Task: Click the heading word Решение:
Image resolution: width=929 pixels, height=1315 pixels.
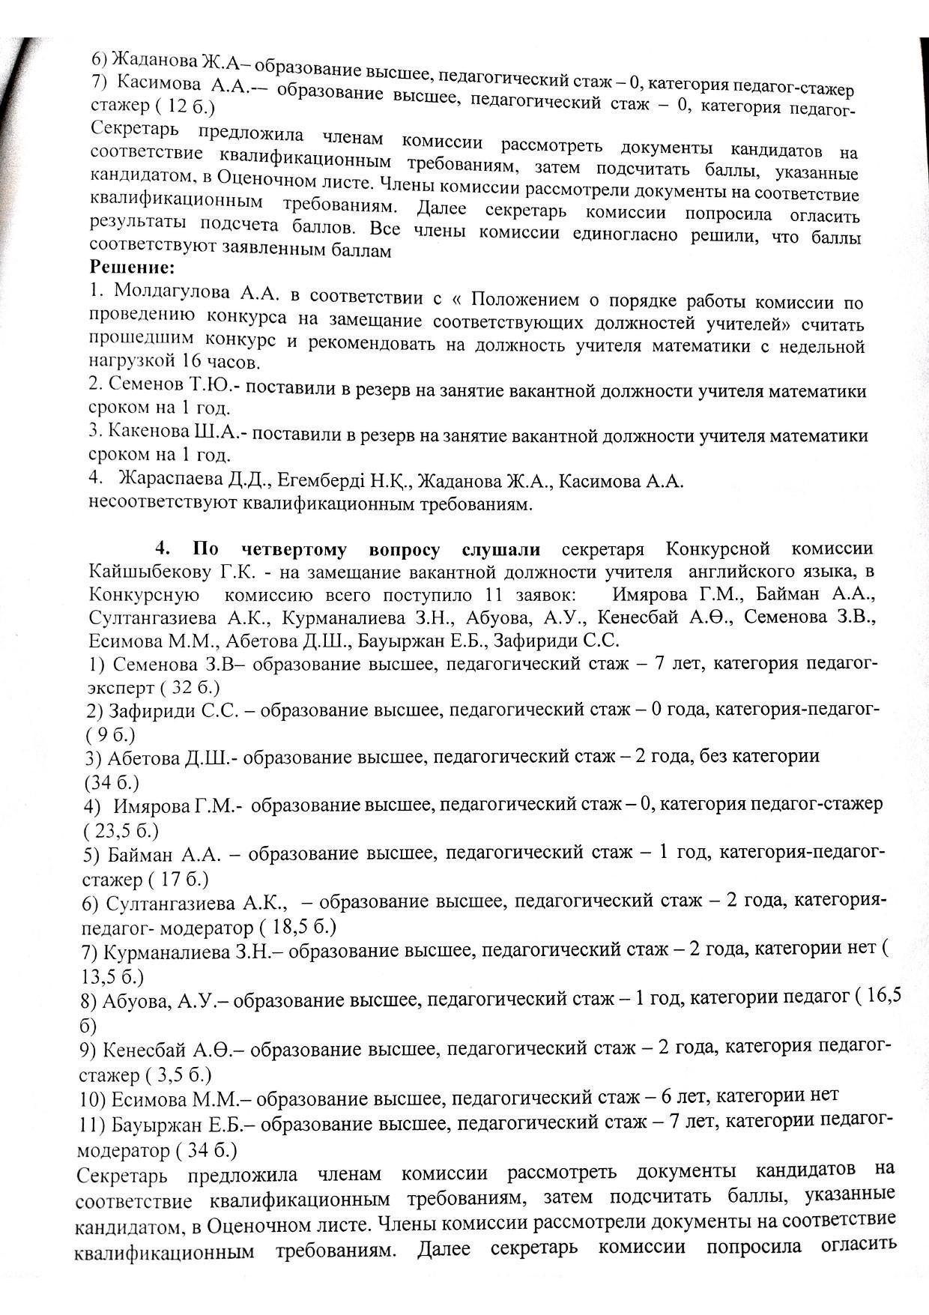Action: click(x=132, y=267)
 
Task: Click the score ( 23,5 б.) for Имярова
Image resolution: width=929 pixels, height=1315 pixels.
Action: click(x=121, y=830)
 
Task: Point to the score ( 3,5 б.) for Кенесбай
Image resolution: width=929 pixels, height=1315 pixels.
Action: click(x=181, y=1076)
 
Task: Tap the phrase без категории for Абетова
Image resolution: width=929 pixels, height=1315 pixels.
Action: click(x=759, y=756)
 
